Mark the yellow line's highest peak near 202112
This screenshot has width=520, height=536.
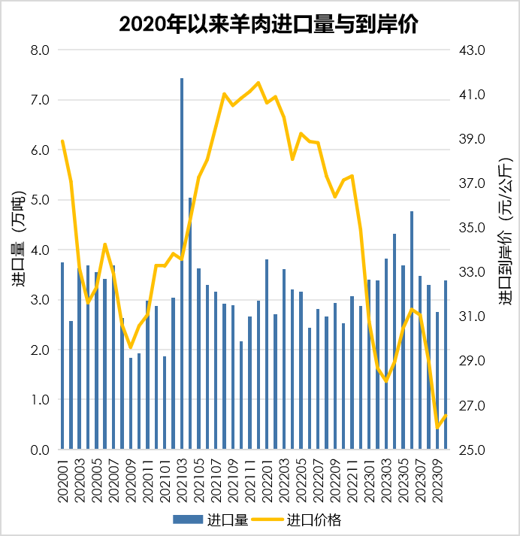click(x=258, y=83)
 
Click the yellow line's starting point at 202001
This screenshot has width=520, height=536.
click(x=62, y=141)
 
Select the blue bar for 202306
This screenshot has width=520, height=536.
click(x=412, y=331)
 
